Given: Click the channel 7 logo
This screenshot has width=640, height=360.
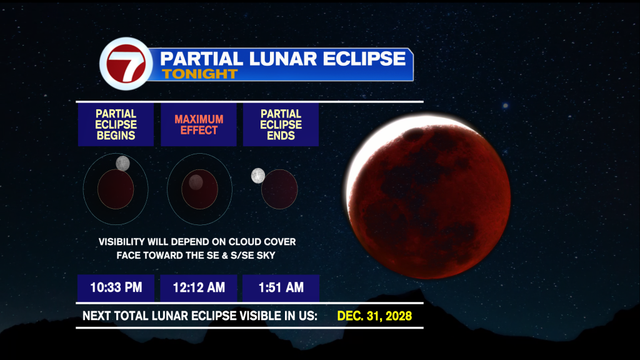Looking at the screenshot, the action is [126, 64].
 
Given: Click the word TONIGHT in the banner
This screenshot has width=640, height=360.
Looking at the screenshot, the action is [199, 74].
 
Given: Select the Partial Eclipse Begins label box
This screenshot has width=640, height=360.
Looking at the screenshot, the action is [116, 124].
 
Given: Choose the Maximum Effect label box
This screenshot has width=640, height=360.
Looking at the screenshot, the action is [199, 124].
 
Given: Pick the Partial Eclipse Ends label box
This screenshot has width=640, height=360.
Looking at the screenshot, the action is [281, 124].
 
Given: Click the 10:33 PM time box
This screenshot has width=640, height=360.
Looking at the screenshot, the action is [116, 287].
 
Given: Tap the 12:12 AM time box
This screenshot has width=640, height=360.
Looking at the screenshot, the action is [199, 287].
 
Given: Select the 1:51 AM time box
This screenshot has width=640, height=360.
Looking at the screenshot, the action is [281, 287].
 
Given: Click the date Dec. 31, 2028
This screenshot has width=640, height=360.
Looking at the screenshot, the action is [374, 316].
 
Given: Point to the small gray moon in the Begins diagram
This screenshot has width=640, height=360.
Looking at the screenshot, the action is [123, 163].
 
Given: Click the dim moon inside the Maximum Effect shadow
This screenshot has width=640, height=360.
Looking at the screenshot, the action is [196, 182].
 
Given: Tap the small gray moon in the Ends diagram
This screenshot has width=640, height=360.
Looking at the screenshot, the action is [258, 176].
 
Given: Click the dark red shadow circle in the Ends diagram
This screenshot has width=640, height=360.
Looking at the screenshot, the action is [279, 189].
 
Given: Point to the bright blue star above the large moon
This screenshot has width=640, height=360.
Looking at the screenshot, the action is [505, 106].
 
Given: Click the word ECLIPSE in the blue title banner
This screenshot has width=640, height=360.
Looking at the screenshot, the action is [364, 58].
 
